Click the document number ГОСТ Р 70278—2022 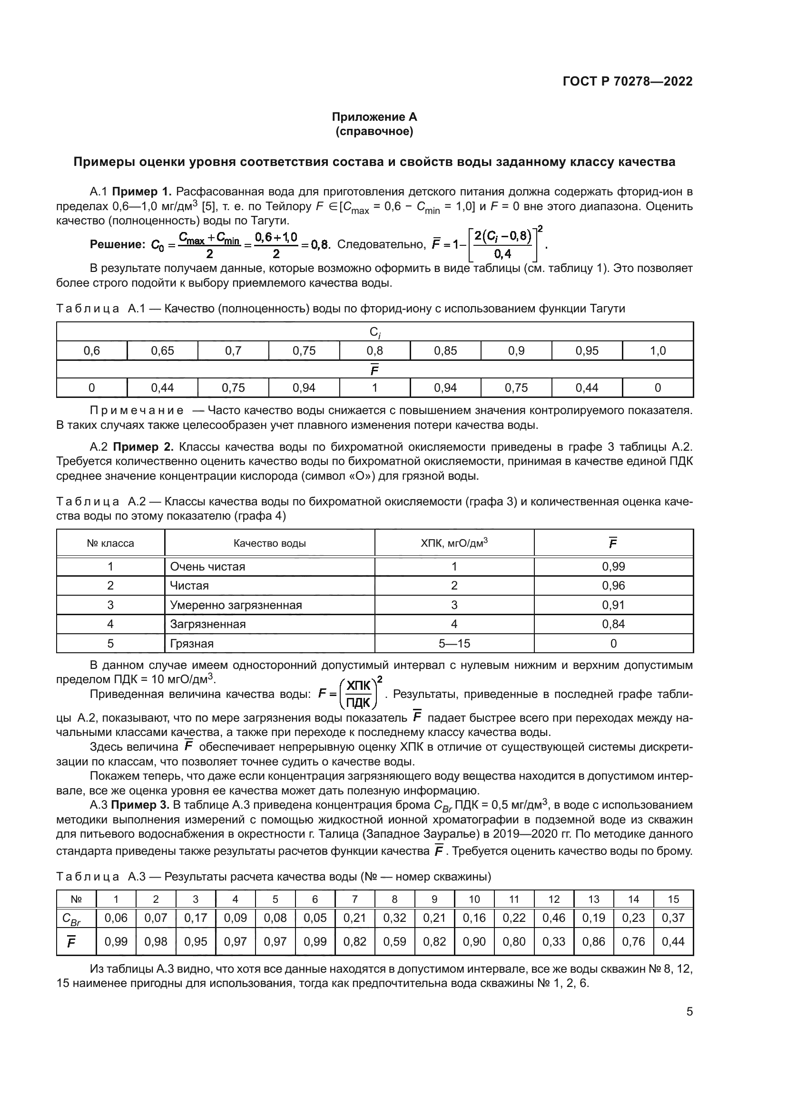click(627, 81)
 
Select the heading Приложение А click(374, 117)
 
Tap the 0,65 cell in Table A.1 click(162, 351)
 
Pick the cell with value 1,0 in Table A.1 click(657, 351)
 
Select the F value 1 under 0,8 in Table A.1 click(374, 388)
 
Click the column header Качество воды click(269, 543)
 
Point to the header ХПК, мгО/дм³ click(454, 543)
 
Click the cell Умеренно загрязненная click(236, 605)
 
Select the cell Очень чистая click(207, 567)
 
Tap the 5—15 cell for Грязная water click(454, 644)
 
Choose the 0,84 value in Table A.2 click(613, 624)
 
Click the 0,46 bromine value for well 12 click(553, 918)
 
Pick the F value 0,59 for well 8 click(394, 941)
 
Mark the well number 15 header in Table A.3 click(673, 899)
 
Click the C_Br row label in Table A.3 click(71, 919)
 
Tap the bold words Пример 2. click(143, 446)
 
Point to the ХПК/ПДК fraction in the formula click(359, 695)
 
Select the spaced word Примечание click(137, 411)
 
